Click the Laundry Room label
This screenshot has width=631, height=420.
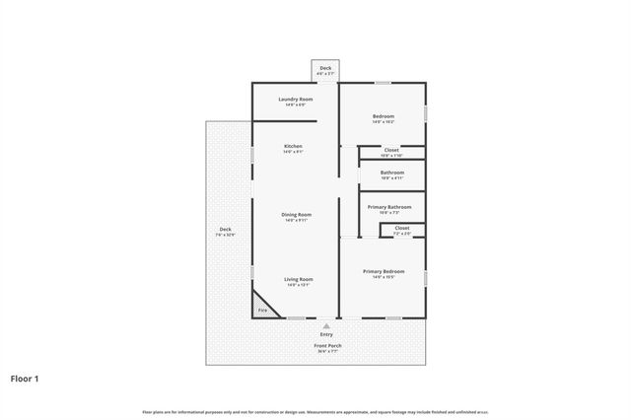[x=296, y=100]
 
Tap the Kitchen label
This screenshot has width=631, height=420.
[x=293, y=146]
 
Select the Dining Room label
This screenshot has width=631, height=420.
[x=296, y=214]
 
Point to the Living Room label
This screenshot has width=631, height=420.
[x=298, y=279]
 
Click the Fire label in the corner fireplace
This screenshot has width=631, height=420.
[x=262, y=311]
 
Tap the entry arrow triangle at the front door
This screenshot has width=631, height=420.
[x=325, y=324]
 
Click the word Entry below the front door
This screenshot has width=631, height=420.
[x=325, y=334]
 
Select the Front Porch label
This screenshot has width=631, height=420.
[x=327, y=345]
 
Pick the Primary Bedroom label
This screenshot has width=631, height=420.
[x=383, y=271]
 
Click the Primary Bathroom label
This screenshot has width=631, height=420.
[x=388, y=206]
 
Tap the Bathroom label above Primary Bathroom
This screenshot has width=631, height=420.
[x=391, y=173]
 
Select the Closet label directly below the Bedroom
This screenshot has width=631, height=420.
[x=391, y=150]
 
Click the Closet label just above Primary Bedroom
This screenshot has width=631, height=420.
[x=401, y=228]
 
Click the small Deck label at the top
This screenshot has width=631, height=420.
[x=325, y=68]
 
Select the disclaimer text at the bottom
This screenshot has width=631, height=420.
[x=315, y=411]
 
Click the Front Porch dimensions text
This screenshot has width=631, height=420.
[x=327, y=351]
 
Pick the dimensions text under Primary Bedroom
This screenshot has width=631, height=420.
[x=383, y=277]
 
